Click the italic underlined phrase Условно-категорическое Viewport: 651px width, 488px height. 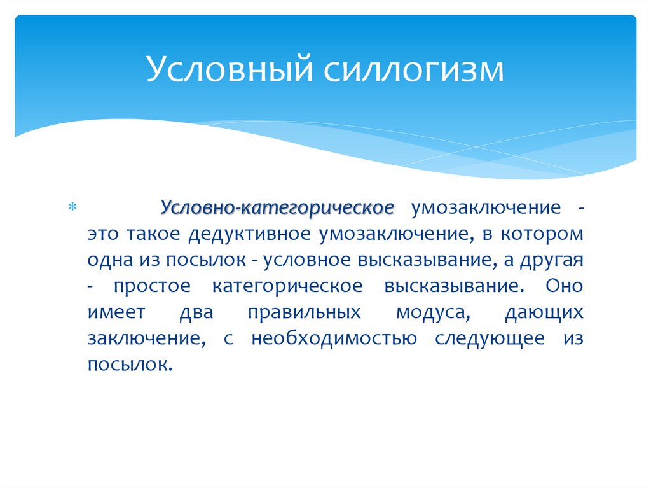tap(277, 207)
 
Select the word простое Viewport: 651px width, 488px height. tap(152, 286)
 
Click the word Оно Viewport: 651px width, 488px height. tap(564, 286)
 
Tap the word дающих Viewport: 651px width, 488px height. tap(544, 312)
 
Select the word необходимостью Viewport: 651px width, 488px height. tap(334, 338)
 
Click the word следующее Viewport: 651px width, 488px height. tap(490, 338)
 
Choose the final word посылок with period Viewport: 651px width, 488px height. tap(131, 365)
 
